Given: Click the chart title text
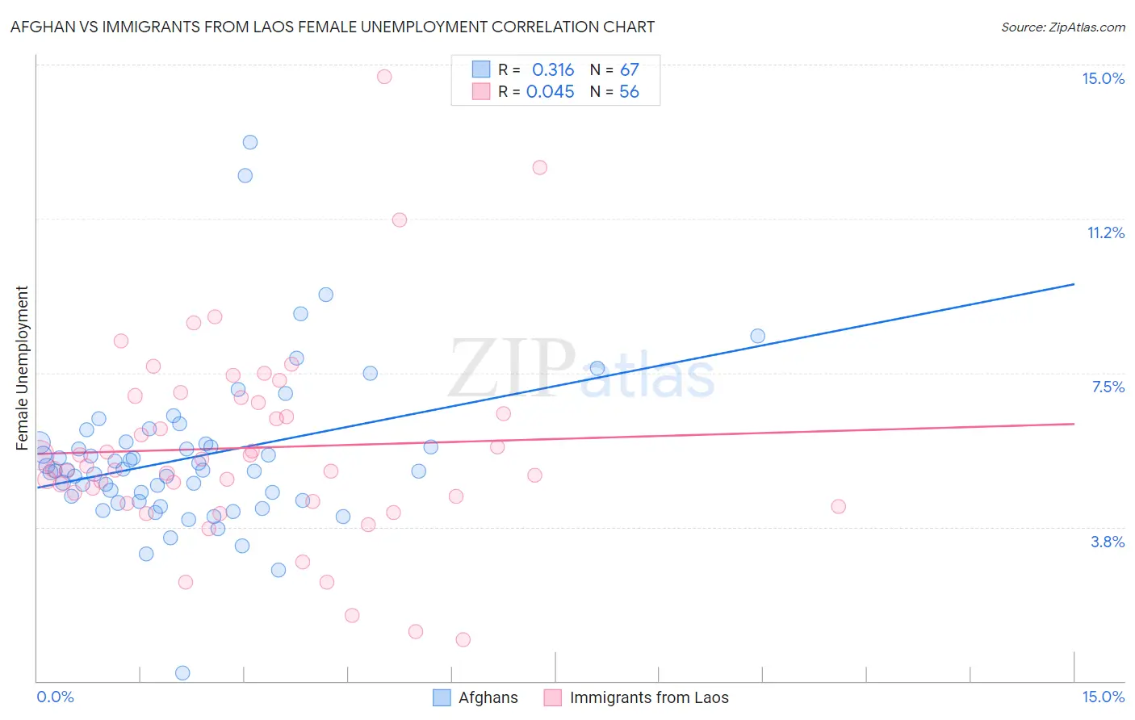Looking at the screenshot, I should (x=332, y=27).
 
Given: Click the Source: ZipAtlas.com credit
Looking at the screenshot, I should (x=1062, y=27).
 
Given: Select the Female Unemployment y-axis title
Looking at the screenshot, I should (x=22, y=367).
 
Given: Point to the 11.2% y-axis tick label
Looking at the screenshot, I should (x=1105, y=232).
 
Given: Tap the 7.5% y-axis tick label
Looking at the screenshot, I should (x=1108, y=387).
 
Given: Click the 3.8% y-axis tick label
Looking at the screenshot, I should (x=1108, y=542).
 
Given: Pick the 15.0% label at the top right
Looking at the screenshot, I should (x=1103, y=78).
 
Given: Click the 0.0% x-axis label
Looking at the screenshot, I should (x=55, y=697).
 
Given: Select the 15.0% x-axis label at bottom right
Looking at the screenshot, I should (x=1103, y=697).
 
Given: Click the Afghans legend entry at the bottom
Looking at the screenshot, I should (x=476, y=697).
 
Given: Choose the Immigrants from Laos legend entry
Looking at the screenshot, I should (x=637, y=697).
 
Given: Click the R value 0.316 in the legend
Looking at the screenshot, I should (x=553, y=70).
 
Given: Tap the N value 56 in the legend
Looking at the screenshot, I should (x=629, y=92).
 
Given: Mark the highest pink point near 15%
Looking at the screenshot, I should (x=384, y=77).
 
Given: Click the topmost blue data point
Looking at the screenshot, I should (x=250, y=142).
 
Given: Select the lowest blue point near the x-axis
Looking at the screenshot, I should (x=182, y=673).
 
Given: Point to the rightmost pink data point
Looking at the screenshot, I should (x=838, y=507).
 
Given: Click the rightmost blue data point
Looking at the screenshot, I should (x=757, y=336).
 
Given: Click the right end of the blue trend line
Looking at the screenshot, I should (x=1074, y=284).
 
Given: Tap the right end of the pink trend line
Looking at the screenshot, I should (x=1074, y=424).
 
